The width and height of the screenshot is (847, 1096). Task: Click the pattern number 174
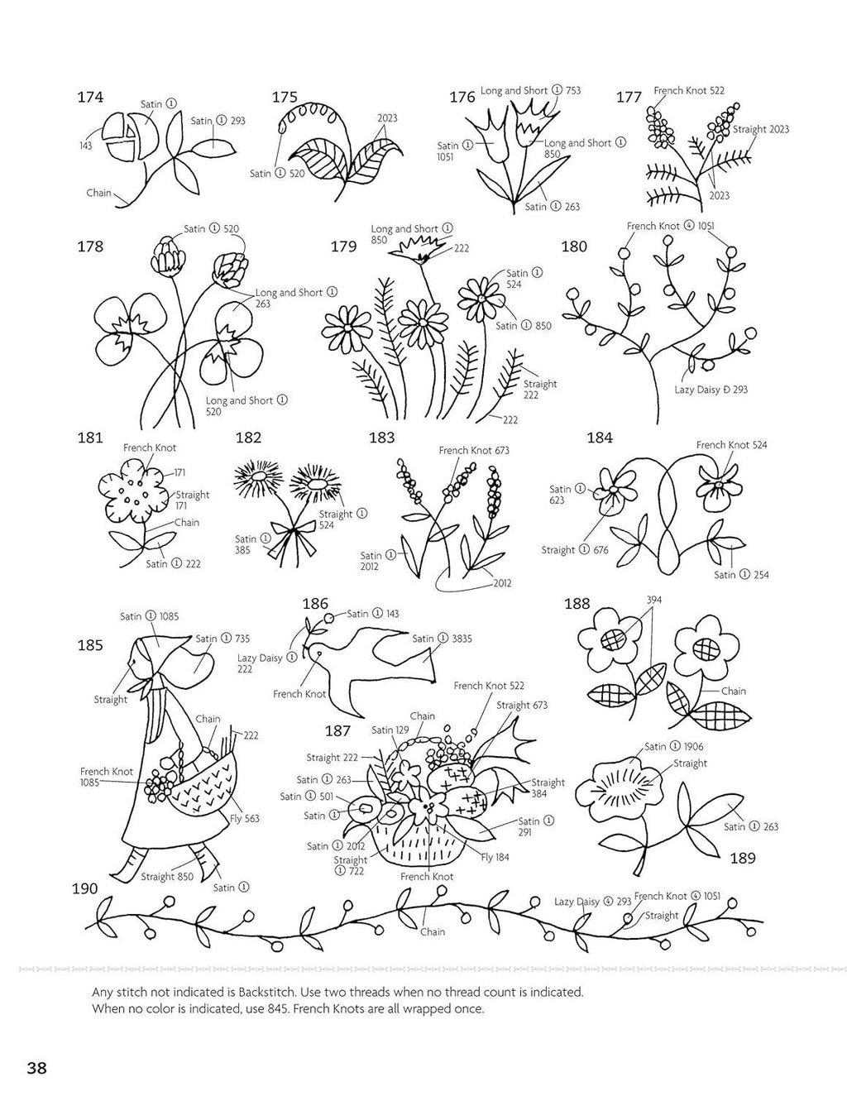pos(90,97)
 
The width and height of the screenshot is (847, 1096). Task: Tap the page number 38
pos(36,1068)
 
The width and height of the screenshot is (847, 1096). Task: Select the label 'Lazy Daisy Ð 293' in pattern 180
pos(711,390)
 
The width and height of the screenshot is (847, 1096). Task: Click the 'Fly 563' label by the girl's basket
pos(245,818)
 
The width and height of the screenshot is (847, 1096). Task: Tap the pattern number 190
pos(84,888)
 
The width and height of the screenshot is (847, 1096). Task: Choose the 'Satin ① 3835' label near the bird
pos(443,639)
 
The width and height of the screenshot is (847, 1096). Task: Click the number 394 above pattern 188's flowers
pos(654,600)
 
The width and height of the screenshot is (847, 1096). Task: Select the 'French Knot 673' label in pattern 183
pos(474,451)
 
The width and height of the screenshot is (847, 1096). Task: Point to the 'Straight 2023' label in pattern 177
pos(761,129)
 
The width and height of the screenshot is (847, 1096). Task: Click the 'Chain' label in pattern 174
pos(98,193)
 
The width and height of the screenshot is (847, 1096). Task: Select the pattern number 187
pos(337,730)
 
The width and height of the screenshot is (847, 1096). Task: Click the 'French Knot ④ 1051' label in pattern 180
pos(671,226)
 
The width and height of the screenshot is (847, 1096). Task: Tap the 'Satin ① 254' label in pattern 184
pos(741,575)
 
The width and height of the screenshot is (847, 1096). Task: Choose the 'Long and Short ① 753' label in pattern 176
pos(530,91)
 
